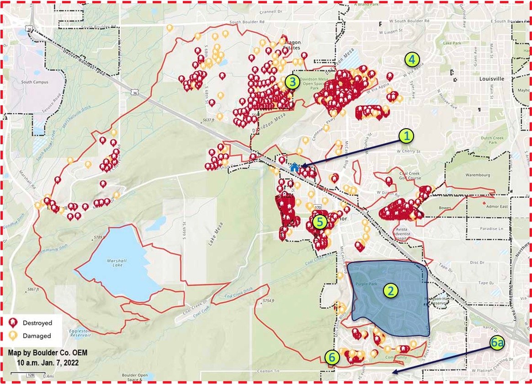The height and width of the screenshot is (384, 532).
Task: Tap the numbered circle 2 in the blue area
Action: [x=390, y=290]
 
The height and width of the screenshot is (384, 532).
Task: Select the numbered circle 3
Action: [x=292, y=82]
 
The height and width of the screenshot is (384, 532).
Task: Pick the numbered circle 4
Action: [x=412, y=59]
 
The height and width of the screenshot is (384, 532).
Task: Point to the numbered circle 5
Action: [x=320, y=222]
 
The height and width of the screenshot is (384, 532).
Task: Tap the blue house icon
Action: [x=295, y=167]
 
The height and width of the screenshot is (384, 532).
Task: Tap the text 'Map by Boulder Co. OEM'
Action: [x=48, y=353]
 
